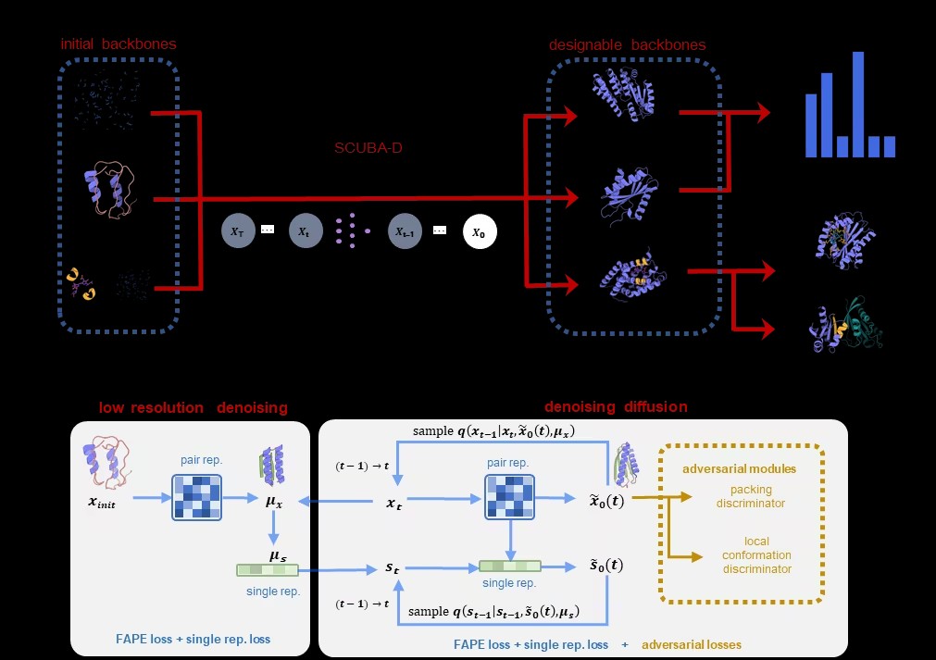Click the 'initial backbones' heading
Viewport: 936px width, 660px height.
[x=118, y=44]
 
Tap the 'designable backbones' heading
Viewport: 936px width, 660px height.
[x=626, y=44]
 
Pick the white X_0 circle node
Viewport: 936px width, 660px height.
[x=479, y=232]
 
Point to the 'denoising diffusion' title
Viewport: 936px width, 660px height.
[x=616, y=406]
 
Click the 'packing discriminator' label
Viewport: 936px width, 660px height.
[x=751, y=496]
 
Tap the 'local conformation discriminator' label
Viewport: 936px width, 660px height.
[x=756, y=554]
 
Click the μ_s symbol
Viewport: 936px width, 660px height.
[x=277, y=555]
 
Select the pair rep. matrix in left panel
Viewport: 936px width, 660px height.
[x=196, y=498]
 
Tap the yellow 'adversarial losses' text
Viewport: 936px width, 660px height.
[x=692, y=644]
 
